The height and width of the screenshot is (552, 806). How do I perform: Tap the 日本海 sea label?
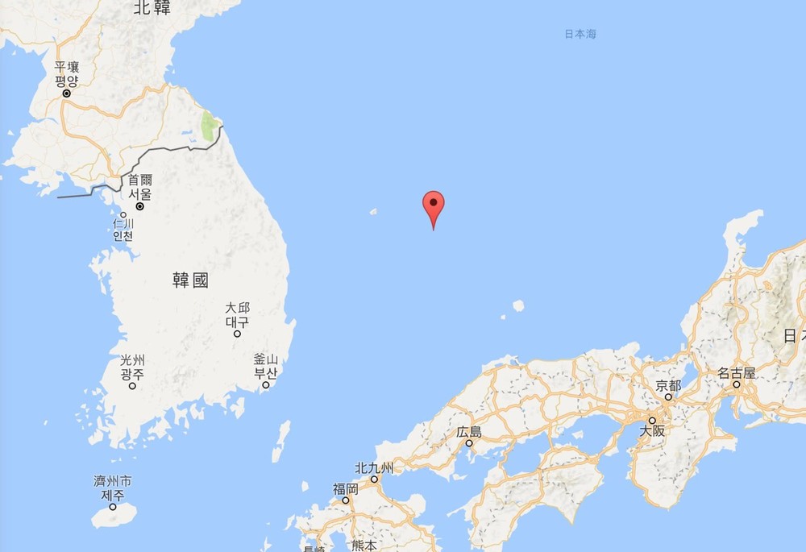[580, 35]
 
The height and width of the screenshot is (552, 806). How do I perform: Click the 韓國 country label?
[191, 280]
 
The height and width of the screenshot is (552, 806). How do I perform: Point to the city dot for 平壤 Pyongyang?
[67, 93]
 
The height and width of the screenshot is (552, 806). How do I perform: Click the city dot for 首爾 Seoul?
[139, 206]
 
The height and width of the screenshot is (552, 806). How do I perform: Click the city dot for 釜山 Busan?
[265, 385]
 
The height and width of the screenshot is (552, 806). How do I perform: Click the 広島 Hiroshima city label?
[468, 432]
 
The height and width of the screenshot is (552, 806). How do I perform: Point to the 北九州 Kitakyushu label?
[375, 468]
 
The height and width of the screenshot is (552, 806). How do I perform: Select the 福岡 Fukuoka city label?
[346, 488]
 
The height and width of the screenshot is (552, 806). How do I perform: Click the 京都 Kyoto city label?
[668, 386]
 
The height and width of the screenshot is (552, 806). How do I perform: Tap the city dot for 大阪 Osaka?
[651, 420]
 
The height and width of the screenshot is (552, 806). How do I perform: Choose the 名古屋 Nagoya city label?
[737, 373]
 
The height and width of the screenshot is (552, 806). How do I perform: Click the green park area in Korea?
[209, 126]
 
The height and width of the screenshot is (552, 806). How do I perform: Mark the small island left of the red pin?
[373, 212]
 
